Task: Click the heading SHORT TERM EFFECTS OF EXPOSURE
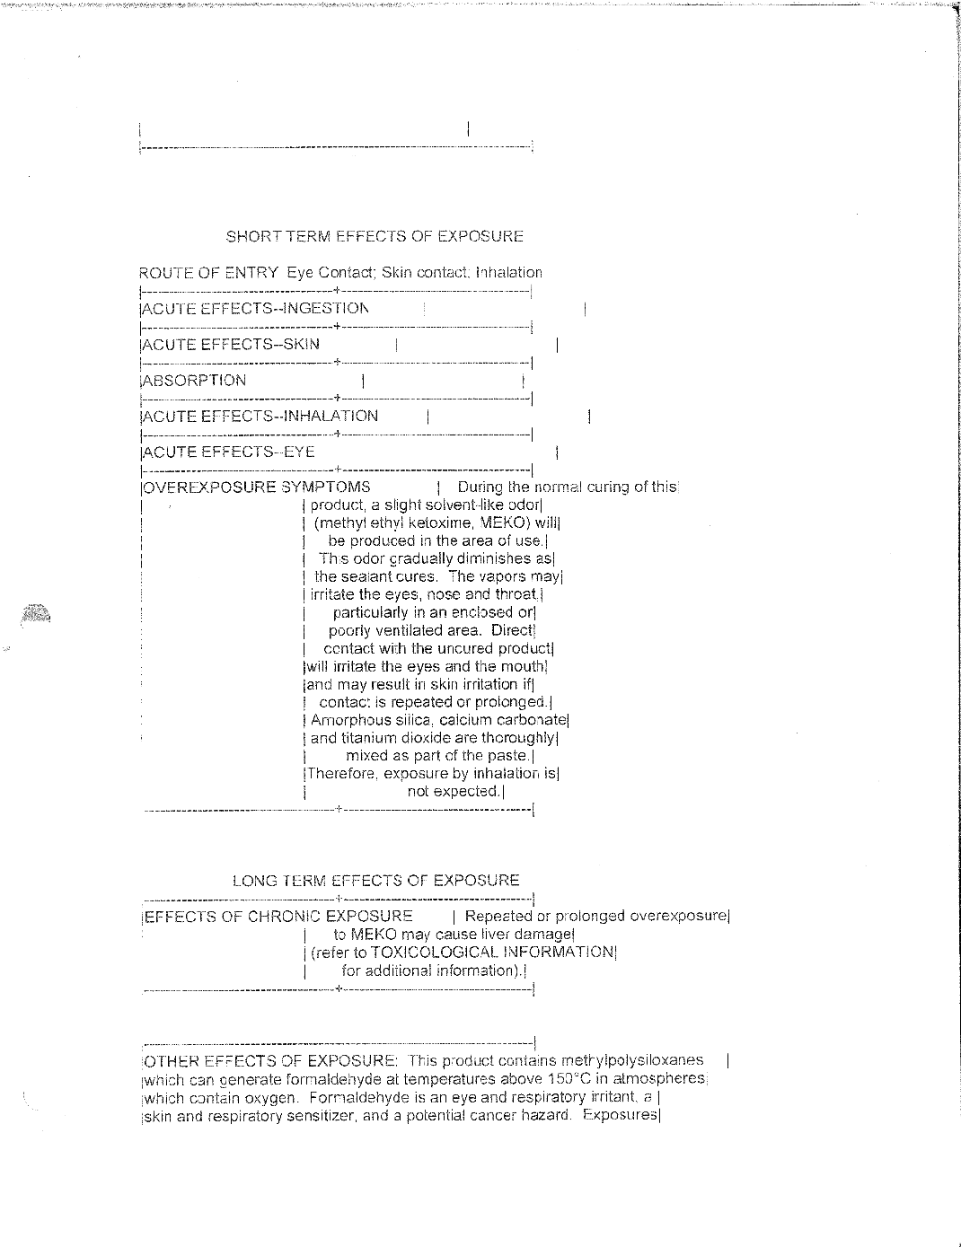coord(375,237)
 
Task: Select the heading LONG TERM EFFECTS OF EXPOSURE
coord(375,881)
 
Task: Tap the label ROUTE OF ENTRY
coord(208,273)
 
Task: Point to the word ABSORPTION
coord(195,381)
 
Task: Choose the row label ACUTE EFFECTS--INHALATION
coord(261,417)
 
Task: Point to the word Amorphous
coord(351,720)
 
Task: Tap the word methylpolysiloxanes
coord(633,1061)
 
